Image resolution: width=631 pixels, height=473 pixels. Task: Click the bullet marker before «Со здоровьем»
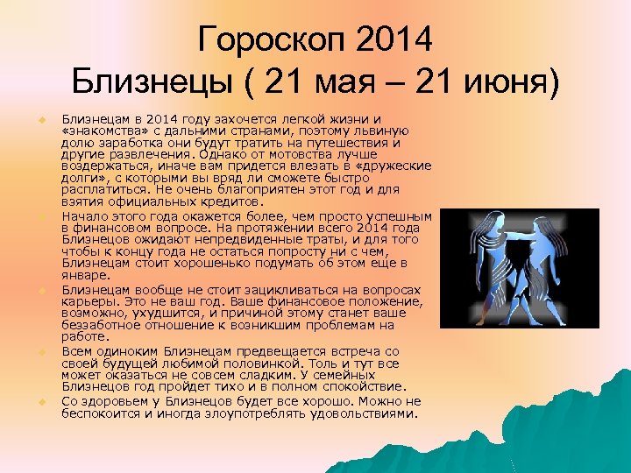pos(40,401)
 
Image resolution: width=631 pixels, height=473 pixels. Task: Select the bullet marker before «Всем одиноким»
pos(40,351)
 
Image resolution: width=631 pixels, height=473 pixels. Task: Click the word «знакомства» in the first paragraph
pos(105,130)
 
